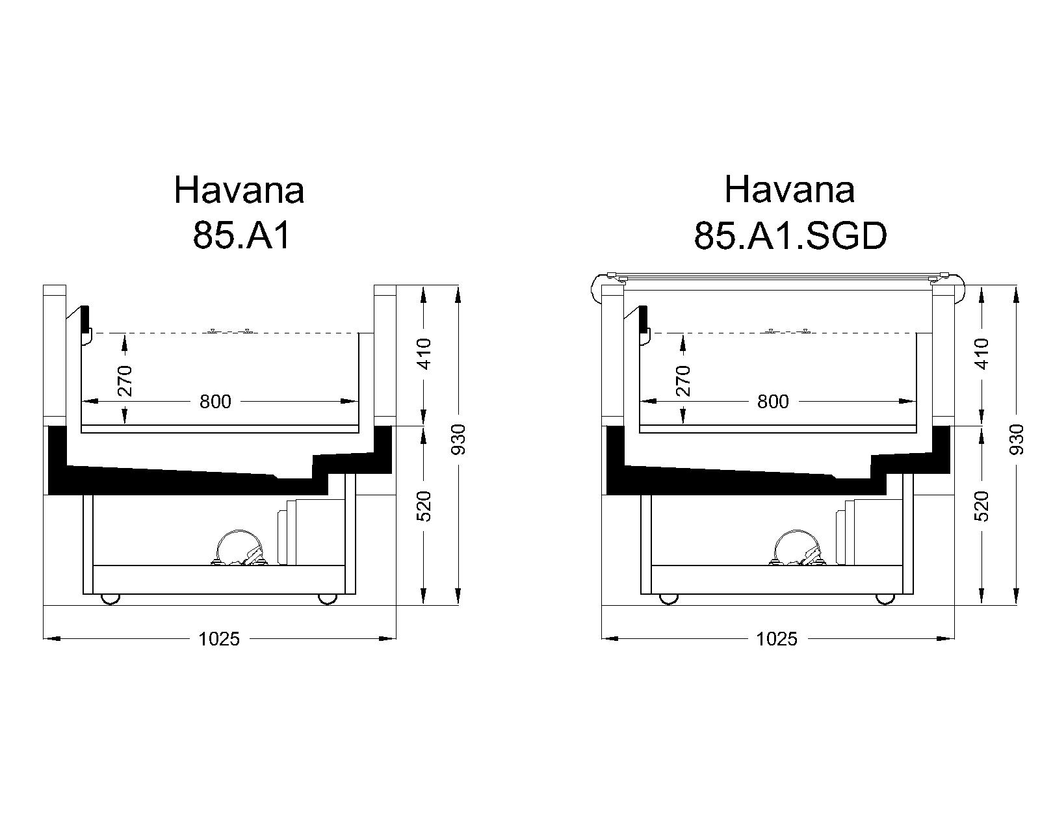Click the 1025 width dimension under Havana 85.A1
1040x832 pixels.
tap(219, 639)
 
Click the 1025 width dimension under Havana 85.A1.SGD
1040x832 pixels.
tap(776, 639)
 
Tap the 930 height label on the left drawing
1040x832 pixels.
tap(458, 439)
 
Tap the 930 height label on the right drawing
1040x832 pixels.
tap(1017, 439)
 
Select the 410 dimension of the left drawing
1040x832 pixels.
tap(424, 354)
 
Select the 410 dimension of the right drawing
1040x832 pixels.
tap(983, 354)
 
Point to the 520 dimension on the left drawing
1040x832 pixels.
tap(424, 506)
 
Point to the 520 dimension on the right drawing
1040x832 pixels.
tap(983, 506)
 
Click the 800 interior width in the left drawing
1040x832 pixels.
tap(216, 401)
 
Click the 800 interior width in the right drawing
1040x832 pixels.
tap(773, 401)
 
